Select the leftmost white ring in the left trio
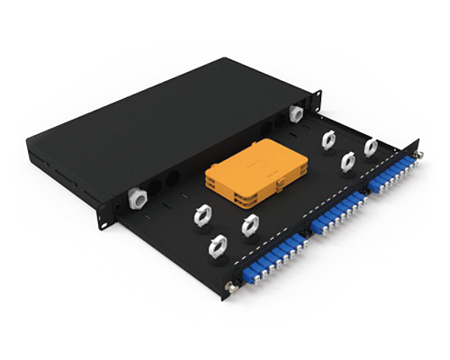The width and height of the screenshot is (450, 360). [202, 214]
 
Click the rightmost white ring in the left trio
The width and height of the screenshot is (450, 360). [249, 226]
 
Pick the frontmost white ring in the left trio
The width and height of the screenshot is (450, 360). [217, 246]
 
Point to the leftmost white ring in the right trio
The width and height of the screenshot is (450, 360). [329, 140]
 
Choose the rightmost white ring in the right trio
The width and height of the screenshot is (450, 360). [370, 147]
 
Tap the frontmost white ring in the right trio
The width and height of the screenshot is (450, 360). [347, 161]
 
